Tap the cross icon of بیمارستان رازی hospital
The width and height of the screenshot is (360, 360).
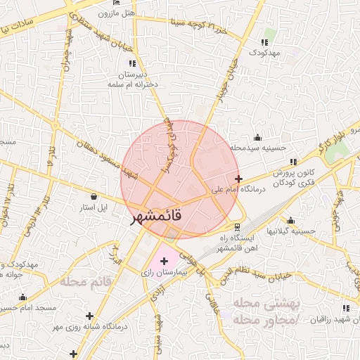click(x=165, y=262)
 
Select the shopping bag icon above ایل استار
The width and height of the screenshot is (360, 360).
click(x=94, y=195)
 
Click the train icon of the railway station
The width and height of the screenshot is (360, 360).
click(x=237, y=227)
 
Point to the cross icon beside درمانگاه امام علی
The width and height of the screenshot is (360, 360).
click(x=239, y=179)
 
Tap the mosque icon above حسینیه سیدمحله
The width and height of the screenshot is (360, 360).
click(x=257, y=137)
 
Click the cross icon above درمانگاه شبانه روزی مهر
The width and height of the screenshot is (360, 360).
click(x=89, y=316)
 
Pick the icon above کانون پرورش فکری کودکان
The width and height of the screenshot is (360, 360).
click(x=293, y=162)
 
